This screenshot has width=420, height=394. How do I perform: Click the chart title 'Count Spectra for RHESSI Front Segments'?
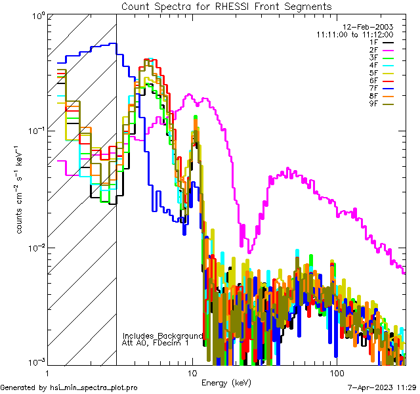[x=226, y=6]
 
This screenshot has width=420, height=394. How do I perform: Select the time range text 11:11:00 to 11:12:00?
[x=354, y=34]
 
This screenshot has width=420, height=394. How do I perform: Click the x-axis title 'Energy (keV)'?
[x=226, y=383]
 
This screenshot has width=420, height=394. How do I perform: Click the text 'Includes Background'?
[x=163, y=335]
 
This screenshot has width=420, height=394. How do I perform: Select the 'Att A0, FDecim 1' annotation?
[x=156, y=343]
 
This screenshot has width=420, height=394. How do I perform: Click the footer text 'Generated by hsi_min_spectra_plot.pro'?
[x=69, y=387]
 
